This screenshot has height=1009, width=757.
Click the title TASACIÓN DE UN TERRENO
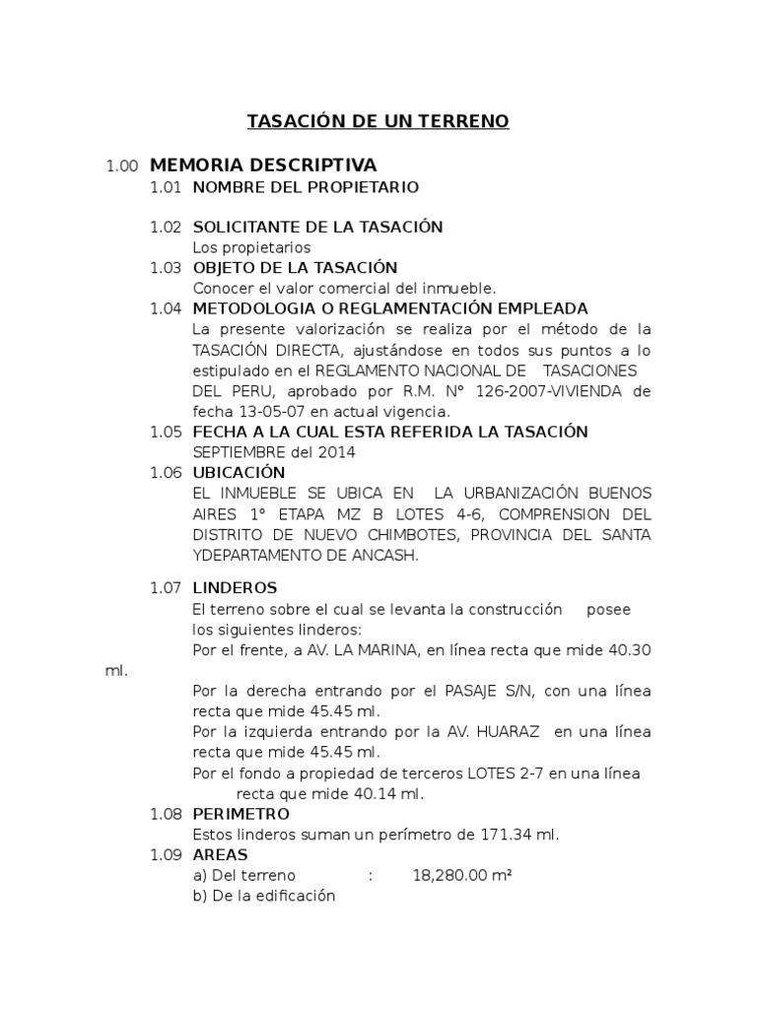(x=378, y=122)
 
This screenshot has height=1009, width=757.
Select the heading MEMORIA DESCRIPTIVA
(x=264, y=165)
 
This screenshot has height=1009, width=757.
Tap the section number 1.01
(x=166, y=187)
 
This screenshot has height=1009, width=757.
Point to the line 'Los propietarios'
(x=251, y=247)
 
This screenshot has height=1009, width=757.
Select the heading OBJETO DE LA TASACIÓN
(x=295, y=268)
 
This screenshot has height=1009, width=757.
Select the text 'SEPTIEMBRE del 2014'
(x=274, y=452)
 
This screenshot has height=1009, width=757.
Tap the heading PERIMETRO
(x=241, y=814)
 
